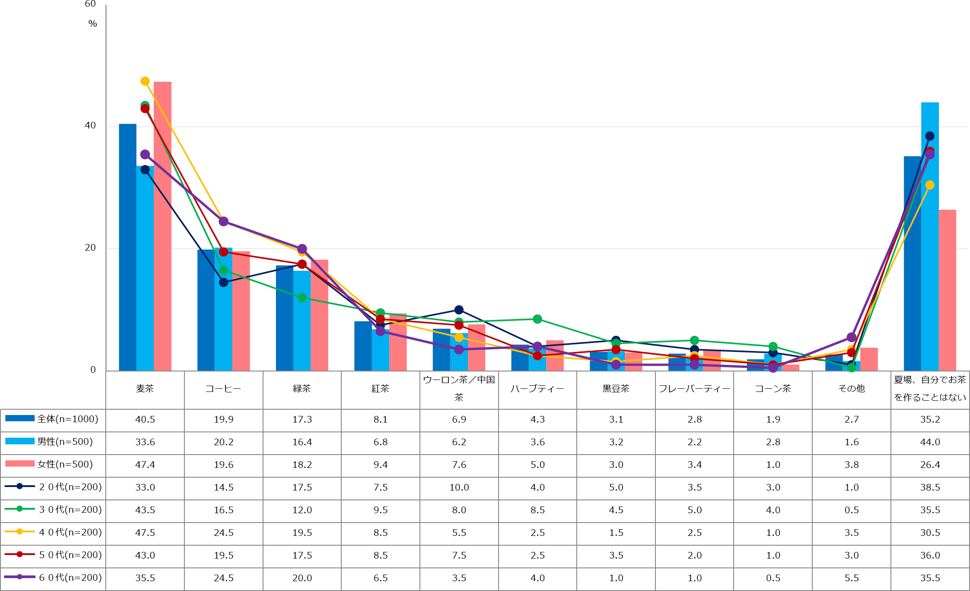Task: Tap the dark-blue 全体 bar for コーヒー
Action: point(206,311)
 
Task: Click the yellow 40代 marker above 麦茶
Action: point(145,81)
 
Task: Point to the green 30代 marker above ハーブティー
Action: point(537,319)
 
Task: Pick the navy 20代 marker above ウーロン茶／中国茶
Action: point(459,310)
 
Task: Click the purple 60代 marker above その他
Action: point(851,337)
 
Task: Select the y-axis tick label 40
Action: point(90,126)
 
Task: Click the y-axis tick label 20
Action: point(90,248)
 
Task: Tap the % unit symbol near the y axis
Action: point(92,24)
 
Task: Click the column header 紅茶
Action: point(380,389)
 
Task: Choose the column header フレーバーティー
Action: point(694,389)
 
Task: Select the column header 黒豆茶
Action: point(616,389)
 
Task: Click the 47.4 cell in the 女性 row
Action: point(145,465)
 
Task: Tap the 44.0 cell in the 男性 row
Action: point(930,442)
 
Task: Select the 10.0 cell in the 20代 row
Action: point(459,487)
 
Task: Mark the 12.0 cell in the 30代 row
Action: point(302,510)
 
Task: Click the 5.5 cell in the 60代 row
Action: point(851,578)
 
